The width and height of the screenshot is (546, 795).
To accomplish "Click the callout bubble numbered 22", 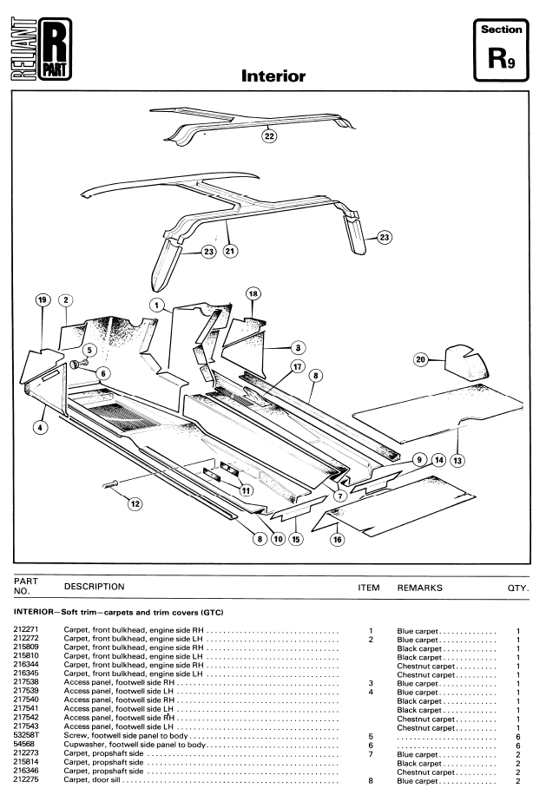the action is (269, 136).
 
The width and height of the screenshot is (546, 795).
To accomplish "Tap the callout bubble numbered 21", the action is (231, 251).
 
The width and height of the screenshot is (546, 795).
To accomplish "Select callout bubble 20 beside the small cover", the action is (421, 359).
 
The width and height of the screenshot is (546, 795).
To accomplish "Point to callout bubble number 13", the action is (457, 460).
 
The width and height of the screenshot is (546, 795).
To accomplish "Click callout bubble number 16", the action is (338, 540).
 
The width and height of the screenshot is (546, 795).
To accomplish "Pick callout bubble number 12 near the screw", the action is (135, 503).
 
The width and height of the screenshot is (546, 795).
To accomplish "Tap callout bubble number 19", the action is (43, 299).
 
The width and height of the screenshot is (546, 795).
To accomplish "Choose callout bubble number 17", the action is (298, 366).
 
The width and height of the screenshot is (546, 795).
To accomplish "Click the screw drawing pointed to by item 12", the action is (110, 484).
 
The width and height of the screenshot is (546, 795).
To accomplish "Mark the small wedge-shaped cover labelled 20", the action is (466, 362).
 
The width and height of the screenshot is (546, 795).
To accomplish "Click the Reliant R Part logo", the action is (41, 49).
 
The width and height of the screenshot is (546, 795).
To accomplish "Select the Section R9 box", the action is (501, 49).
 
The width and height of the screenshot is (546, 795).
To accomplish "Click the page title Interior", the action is (273, 76).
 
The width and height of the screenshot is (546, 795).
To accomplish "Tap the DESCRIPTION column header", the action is (95, 587).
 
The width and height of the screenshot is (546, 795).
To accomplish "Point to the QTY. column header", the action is (518, 588).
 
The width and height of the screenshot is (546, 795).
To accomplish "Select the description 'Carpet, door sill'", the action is (92, 779).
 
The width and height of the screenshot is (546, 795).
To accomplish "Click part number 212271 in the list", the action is (26, 629).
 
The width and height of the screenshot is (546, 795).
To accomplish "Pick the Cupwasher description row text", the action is (135, 745).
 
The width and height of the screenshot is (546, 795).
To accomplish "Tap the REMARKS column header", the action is (420, 588).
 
